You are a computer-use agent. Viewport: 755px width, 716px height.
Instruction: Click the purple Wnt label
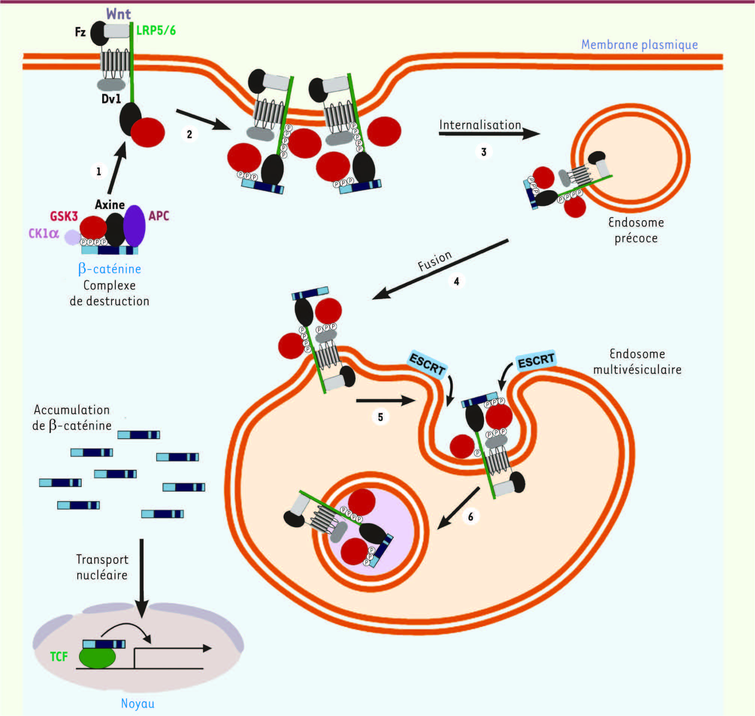pyautogui.click(x=119, y=14)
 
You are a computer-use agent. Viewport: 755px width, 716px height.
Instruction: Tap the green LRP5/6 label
pyautogui.click(x=156, y=30)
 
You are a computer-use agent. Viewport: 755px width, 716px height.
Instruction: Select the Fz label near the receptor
pyautogui.click(x=80, y=32)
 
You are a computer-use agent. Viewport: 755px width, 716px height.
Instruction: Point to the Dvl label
pyautogui.click(x=111, y=99)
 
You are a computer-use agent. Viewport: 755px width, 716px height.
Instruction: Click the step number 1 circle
pyautogui.click(x=99, y=171)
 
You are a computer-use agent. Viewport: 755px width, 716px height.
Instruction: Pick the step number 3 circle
pyautogui.click(x=484, y=152)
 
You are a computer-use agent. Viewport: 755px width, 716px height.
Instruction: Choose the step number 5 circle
pyautogui.click(x=380, y=417)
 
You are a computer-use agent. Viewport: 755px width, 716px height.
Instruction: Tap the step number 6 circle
pyautogui.click(x=471, y=517)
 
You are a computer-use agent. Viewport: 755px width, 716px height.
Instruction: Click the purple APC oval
pyautogui.click(x=135, y=226)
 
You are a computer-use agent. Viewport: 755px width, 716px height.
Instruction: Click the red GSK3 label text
pyautogui.click(x=64, y=216)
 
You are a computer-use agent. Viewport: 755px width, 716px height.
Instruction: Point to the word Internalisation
pyautogui.click(x=480, y=125)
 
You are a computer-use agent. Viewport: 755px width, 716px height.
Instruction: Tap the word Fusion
pyautogui.click(x=435, y=261)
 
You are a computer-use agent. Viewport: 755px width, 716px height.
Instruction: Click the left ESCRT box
pyautogui.click(x=427, y=364)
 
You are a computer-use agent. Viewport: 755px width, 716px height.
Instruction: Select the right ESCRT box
pyautogui.click(x=536, y=360)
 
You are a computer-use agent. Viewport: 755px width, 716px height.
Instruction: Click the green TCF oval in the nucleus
pyautogui.click(x=97, y=657)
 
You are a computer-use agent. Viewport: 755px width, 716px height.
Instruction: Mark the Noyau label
pyautogui.click(x=138, y=703)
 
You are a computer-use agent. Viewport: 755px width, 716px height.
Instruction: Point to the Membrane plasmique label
pyautogui.click(x=639, y=45)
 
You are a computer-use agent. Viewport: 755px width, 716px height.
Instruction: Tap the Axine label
pyautogui.click(x=110, y=204)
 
